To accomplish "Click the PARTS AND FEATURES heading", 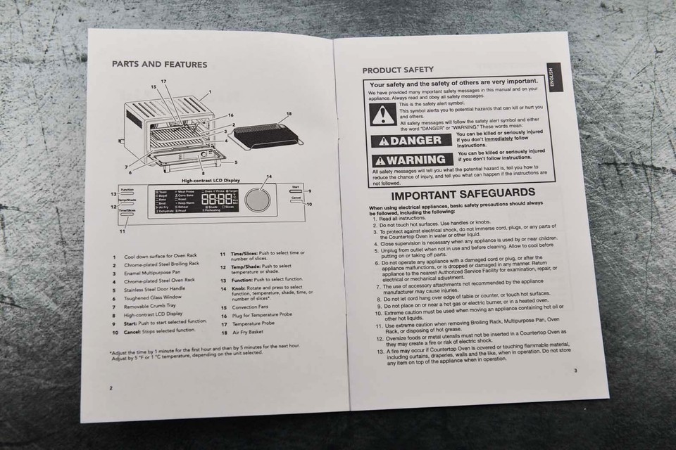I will pyautogui.click(x=159, y=65).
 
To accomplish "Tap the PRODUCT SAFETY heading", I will pyautogui.click(x=398, y=70).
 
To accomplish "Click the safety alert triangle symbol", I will pyautogui.click(x=383, y=114).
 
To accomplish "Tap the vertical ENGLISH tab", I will pyautogui.click(x=553, y=77).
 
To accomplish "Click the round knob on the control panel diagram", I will pyautogui.click(x=258, y=200).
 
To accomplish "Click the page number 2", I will pyautogui.click(x=111, y=387).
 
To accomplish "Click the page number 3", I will pyautogui.click(x=575, y=371).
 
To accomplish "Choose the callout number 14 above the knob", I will pyautogui.click(x=268, y=176).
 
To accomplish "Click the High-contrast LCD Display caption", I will pyautogui.click(x=211, y=180).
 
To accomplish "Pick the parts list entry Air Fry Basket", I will pyautogui.click(x=246, y=332).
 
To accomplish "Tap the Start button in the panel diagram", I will pyautogui.click(x=295, y=191).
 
